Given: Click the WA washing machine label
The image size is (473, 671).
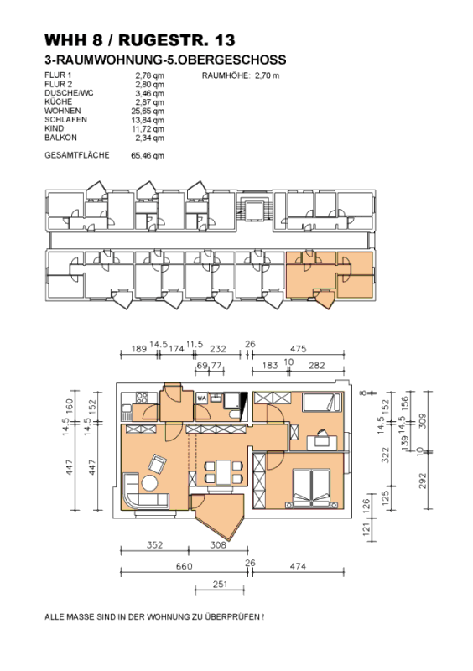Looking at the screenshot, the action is tap(201, 398).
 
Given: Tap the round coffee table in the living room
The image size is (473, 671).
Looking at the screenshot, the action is tap(150, 483).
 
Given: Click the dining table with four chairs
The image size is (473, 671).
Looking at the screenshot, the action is tap(224, 472).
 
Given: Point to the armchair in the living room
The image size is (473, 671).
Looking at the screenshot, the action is tap(157, 464).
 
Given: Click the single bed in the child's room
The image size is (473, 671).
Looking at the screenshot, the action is tap(322, 403).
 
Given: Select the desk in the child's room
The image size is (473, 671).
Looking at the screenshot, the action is tap(322, 443).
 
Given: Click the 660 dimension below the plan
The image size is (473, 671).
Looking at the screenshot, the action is tap(184, 566).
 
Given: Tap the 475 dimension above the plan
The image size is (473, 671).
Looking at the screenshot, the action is tap(298, 349).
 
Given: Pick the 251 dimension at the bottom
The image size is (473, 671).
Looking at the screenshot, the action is tap(220, 584).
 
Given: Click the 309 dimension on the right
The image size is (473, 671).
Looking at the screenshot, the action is tap(423, 421).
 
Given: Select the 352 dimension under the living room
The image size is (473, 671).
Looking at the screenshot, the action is tap(154, 544).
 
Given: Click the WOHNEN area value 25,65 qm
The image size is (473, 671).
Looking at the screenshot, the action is tap(148, 111).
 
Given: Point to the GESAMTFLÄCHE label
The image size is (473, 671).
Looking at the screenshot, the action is tap(77, 155).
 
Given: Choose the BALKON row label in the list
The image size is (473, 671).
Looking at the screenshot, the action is tap(60, 138).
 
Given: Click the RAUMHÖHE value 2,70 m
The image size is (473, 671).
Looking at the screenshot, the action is tap(267, 75).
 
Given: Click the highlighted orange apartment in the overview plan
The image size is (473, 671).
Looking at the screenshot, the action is tap(330, 275).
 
